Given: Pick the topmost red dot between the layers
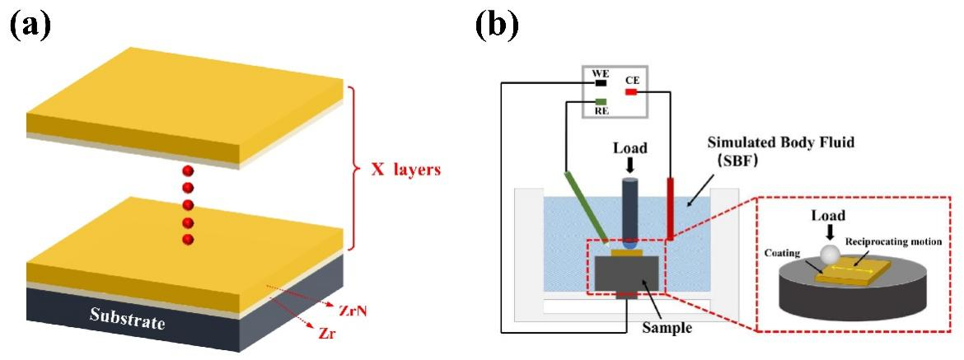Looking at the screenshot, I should tap(189, 171).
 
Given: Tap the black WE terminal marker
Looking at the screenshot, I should tap(601, 82).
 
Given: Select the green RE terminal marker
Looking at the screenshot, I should tap(601, 103).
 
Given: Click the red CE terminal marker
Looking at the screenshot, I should tap(631, 92).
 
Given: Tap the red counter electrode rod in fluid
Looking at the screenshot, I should tap(672, 206).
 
